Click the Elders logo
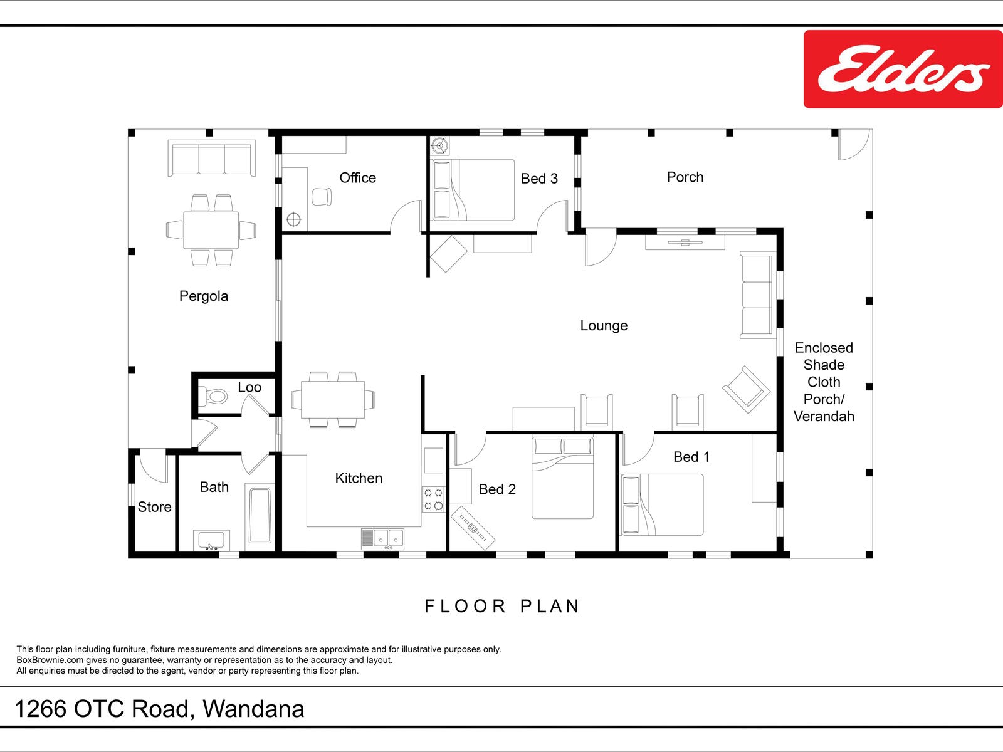tap(903, 70)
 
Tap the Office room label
tap(358, 177)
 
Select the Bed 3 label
tap(539, 179)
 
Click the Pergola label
tap(203, 296)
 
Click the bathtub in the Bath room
tap(260, 516)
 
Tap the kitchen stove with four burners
tap(433, 499)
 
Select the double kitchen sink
tap(383, 539)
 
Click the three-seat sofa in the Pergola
tap(211, 158)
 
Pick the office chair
tap(322, 197)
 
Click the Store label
tap(154, 507)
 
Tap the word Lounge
tap(604, 325)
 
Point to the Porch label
tap(685, 177)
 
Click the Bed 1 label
tap(691, 457)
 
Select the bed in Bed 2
tap(562, 478)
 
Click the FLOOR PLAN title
tap(501, 607)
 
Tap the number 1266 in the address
tap(40, 709)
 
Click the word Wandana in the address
tap(254, 709)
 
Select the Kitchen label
tap(359, 478)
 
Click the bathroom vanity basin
tap(211, 540)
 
